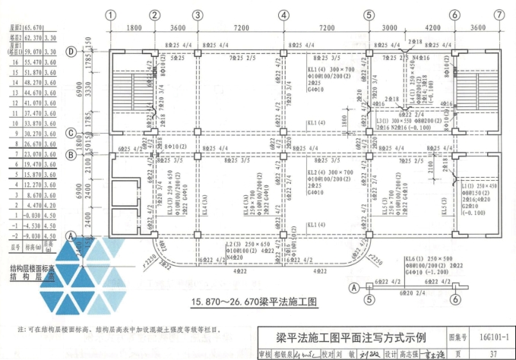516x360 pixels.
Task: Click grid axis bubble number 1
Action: pyautogui.click(x=110, y=15)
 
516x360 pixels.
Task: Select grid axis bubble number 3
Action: pyautogui.click(x=197, y=15)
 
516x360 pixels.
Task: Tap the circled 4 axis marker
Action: pyautogui.click(x=283, y=15)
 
